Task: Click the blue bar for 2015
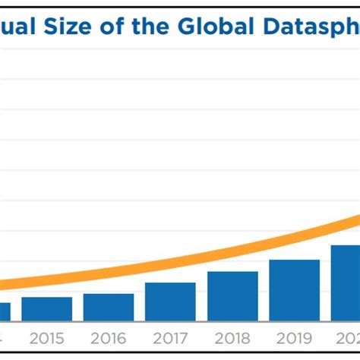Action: [46, 308]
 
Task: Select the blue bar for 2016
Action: [109, 307]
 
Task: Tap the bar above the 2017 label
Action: [170, 302]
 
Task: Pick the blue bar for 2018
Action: [232, 295]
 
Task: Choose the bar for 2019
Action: [295, 290]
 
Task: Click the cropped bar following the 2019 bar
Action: [345, 283]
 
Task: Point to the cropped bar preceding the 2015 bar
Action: [5, 311]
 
